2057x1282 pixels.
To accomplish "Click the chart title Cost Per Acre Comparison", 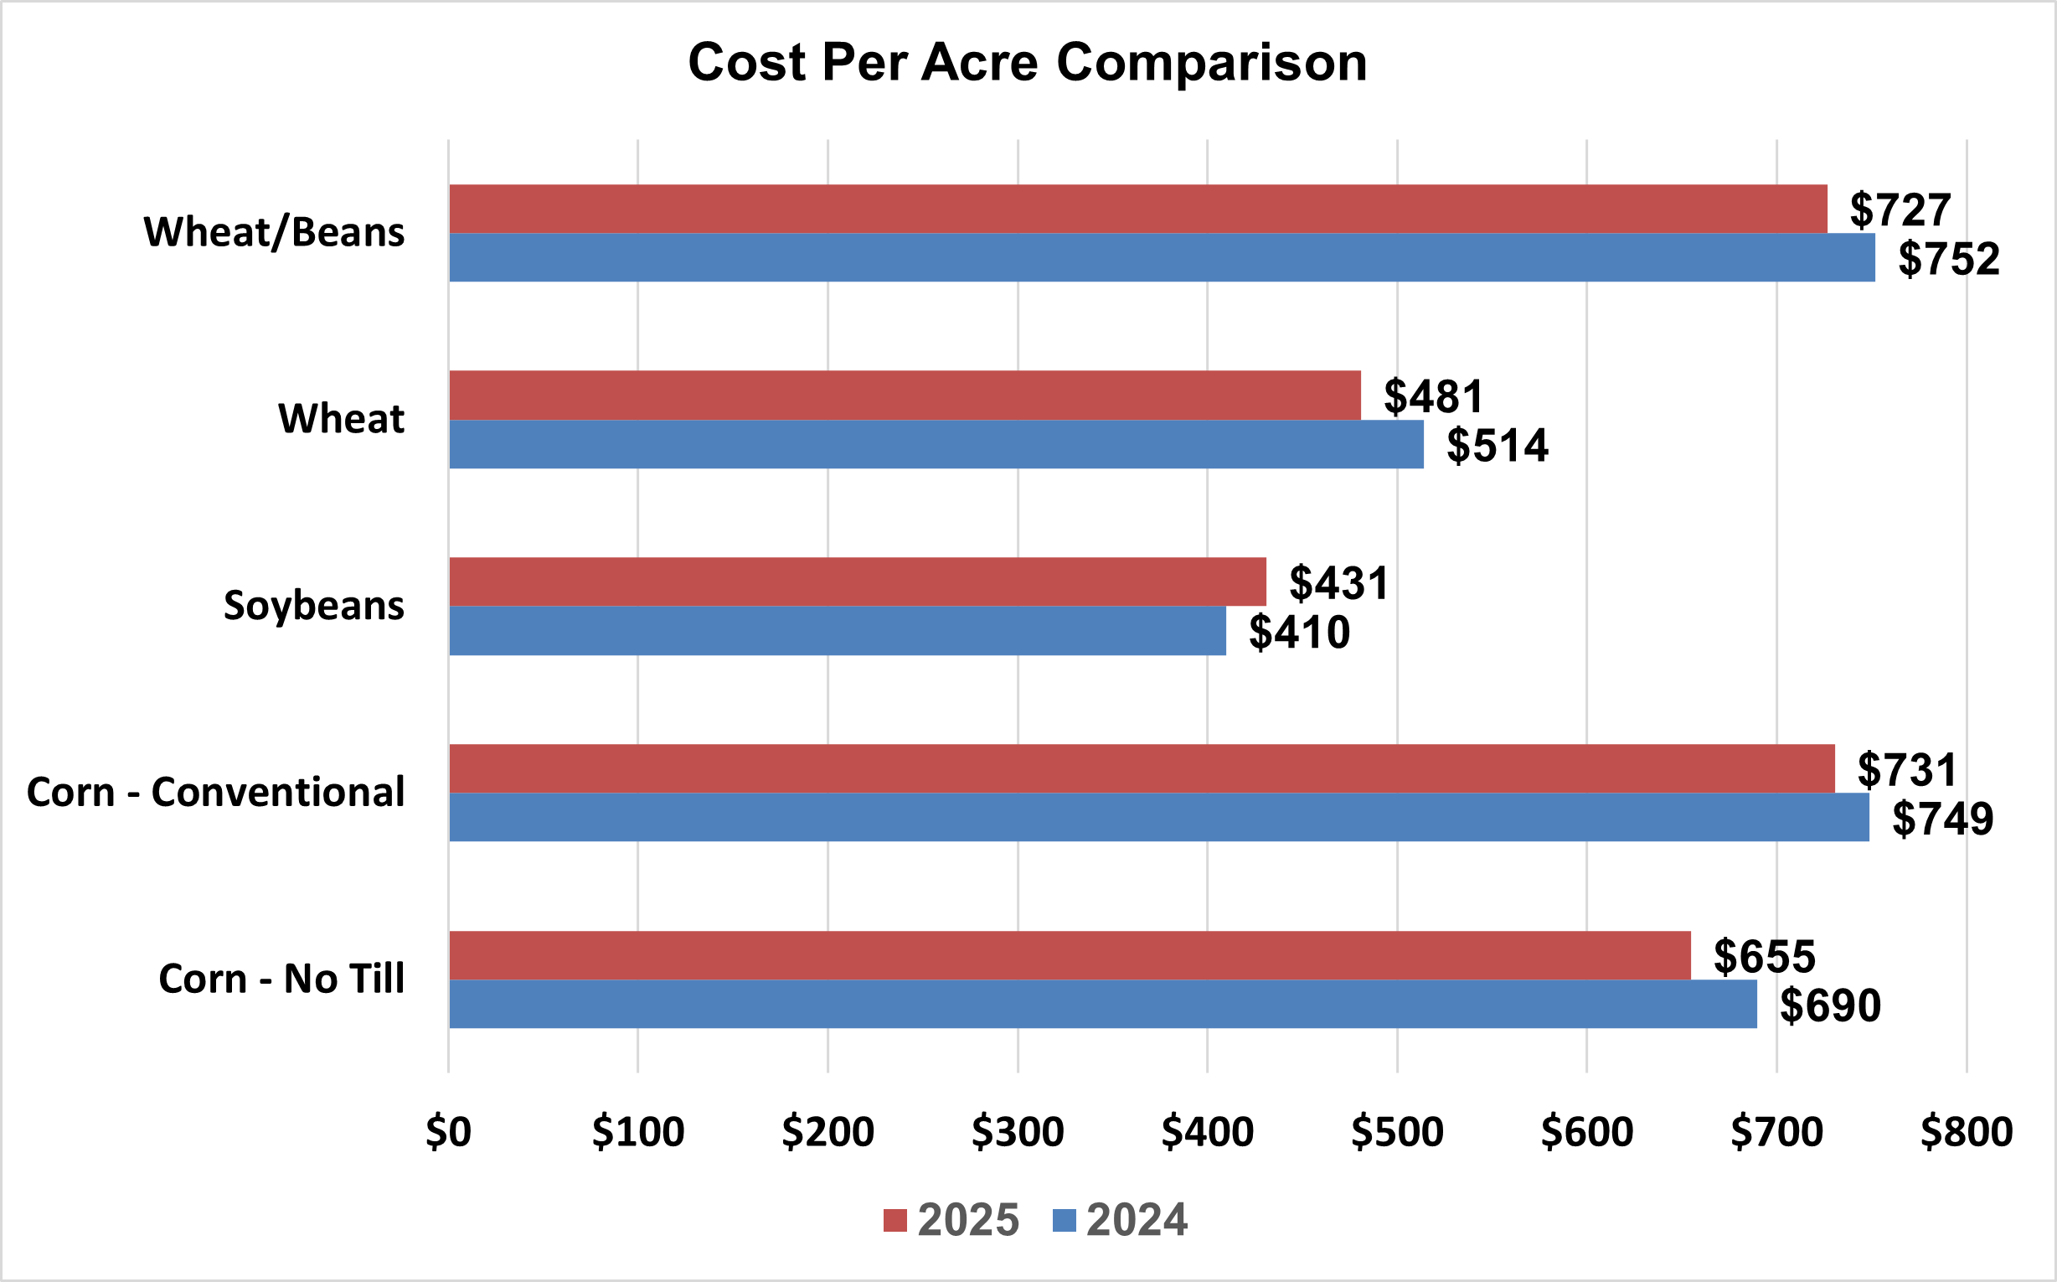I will (x=1027, y=63).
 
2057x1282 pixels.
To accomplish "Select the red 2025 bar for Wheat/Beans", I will (x=1137, y=209).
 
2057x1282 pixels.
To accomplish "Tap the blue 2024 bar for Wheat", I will (x=936, y=444).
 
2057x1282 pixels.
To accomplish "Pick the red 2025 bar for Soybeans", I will (x=857, y=582).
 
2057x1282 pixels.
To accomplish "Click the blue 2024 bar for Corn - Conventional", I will (x=1158, y=817).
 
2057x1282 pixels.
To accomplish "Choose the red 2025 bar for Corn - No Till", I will (x=1070, y=955).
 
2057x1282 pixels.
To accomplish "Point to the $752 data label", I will (x=1948, y=259).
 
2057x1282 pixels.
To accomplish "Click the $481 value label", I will (x=1433, y=396).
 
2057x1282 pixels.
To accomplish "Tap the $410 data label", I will (x=1298, y=633).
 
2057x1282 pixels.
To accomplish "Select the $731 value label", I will (x=1907, y=770).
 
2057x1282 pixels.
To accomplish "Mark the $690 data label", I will (x=1830, y=1005).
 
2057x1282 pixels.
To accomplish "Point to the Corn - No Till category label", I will (x=281, y=980).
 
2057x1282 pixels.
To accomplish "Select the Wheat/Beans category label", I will (x=274, y=233).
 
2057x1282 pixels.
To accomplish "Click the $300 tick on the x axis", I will (x=1017, y=1132).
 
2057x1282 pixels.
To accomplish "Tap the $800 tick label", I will (x=1967, y=1132).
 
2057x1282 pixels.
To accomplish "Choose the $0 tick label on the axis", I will (x=448, y=1132).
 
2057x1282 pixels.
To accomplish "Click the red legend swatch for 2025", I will (x=895, y=1220).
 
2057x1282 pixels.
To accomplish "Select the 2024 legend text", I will (x=1137, y=1220).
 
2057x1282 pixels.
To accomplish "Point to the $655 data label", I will (x=1764, y=956).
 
